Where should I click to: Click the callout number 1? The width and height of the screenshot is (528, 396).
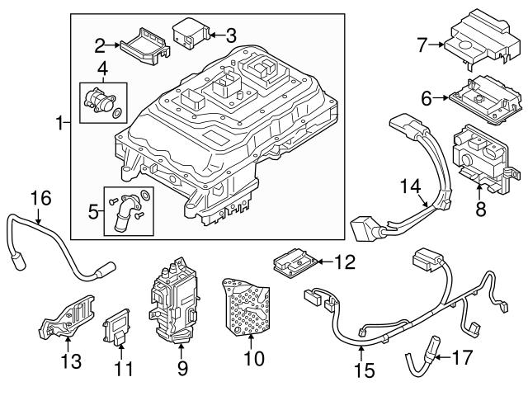[60, 124]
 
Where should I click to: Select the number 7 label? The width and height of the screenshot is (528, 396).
[422, 45]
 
